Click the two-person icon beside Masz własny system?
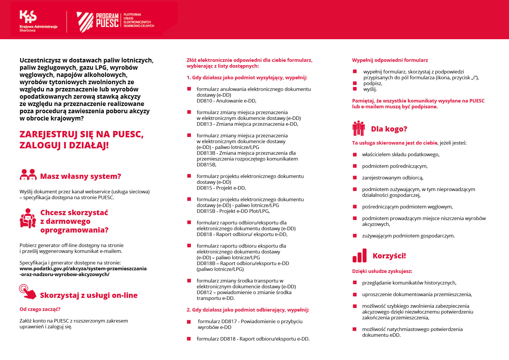coord(28,175)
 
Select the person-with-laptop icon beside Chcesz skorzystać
coord(28,219)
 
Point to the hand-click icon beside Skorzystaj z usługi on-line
coord(27,291)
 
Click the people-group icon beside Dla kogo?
coord(358,128)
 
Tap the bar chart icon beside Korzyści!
coord(359,256)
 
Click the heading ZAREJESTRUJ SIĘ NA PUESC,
coord(82,134)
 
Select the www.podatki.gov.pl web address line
coord(83,269)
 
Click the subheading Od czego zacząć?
coord(40,309)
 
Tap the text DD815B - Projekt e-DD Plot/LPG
coord(233,211)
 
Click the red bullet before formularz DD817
coord(189,322)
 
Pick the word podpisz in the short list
coord(372,83)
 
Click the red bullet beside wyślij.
coord(355,89)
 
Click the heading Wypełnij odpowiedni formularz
coord(390,60)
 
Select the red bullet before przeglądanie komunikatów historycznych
coord(355,282)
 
